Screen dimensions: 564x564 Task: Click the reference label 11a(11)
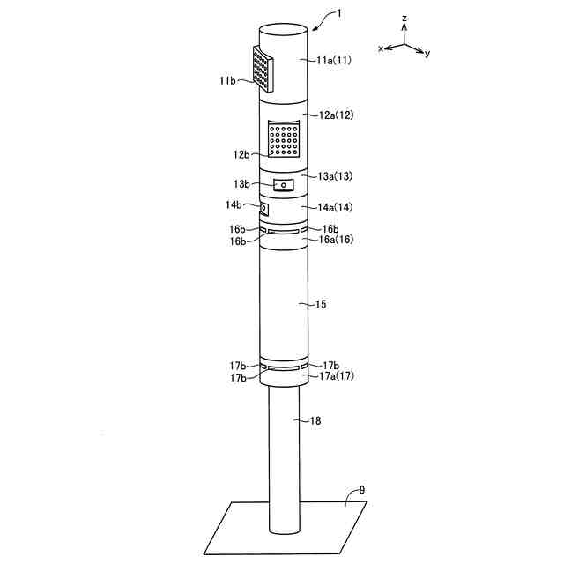[x=334, y=60]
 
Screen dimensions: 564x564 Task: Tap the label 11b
[x=227, y=80]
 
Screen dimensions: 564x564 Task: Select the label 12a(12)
[x=337, y=115]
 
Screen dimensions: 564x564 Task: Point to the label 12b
[x=241, y=155]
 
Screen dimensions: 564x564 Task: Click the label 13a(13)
[x=335, y=176]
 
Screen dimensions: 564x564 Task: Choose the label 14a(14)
[x=335, y=207]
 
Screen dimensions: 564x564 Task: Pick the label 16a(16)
[x=337, y=239]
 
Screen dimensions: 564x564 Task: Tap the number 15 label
[x=321, y=304]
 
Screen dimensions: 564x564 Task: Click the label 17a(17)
[x=337, y=376]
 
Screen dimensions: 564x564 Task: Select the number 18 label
[x=315, y=420]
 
